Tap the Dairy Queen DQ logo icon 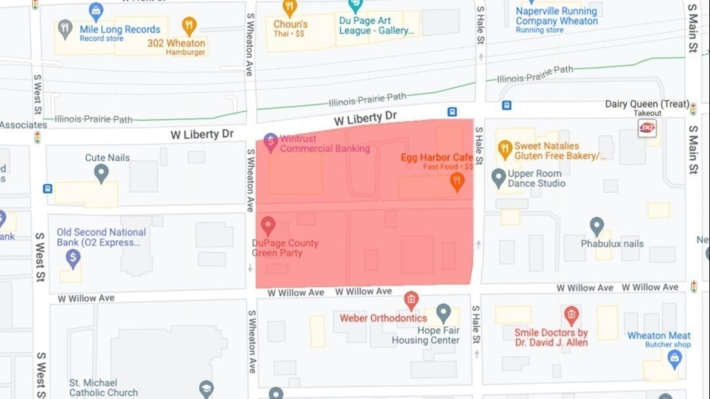click(x=647, y=128)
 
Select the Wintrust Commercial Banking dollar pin click(x=270, y=141)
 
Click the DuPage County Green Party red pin click(x=267, y=226)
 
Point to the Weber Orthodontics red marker click(x=411, y=301)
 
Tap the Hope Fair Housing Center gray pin click(x=443, y=312)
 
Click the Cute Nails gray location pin click(x=101, y=173)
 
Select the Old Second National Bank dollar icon click(x=73, y=258)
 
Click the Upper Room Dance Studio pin click(x=499, y=177)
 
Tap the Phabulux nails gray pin click(x=596, y=226)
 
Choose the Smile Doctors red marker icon click(x=571, y=314)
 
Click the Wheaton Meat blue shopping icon click(x=673, y=358)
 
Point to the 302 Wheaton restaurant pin click(x=189, y=26)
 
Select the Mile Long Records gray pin click(x=64, y=28)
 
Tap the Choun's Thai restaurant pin click(x=290, y=8)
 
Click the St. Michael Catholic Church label click(x=103, y=387)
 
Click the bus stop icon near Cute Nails click(x=47, y=188)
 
